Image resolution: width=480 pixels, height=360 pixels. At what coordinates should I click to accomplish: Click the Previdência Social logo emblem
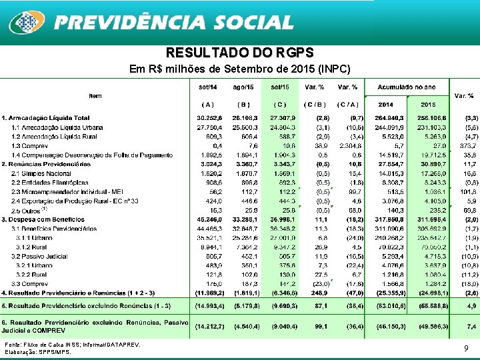pos(26,23)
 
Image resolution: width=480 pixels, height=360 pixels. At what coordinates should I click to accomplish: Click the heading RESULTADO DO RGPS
pos(239,53)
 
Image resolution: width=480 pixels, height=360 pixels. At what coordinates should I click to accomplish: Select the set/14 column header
pos(207,87)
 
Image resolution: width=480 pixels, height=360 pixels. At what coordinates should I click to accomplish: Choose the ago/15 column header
pos(243,87)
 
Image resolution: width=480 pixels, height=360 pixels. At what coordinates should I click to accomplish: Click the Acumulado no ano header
pos(407,87)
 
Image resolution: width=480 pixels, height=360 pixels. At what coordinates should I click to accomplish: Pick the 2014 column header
pos(385,104)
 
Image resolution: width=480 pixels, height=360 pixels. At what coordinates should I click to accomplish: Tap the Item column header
pos(95,96)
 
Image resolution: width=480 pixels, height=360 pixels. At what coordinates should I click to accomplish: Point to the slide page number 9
pos(465,348)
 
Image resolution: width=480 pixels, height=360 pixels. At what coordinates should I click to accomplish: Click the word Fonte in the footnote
pos(13,344)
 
